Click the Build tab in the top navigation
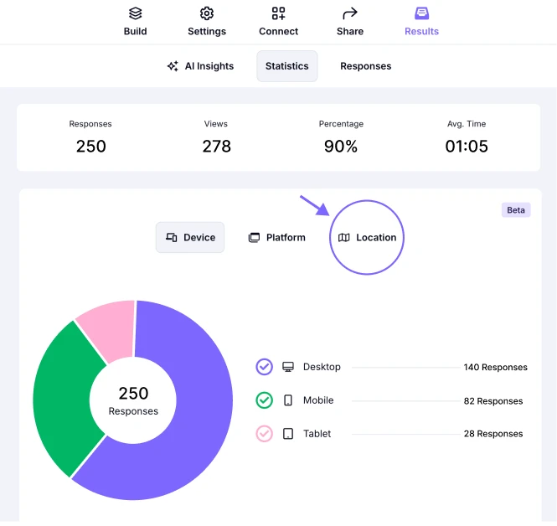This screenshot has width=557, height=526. [135, 22]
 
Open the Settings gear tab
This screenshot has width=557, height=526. [207, 22]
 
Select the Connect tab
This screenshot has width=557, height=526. [278, 22]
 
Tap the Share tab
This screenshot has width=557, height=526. [350, 22]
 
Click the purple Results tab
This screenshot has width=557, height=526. [421, 22]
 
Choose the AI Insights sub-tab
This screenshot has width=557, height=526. [201, 66]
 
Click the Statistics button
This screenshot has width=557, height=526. [287, 66]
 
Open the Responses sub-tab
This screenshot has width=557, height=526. [365, 66]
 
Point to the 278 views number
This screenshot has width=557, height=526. [216, 147]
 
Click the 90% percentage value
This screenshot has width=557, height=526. [341, 147]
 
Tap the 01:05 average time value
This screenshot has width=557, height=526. [467, 147]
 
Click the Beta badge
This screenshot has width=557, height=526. [516, 210]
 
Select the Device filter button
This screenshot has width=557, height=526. [190, 238]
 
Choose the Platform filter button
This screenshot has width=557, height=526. [277, 238]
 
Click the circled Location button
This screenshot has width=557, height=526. [367, 238]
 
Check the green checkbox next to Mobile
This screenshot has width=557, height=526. [265, 400]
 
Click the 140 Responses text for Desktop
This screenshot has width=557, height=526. [495, 367]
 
